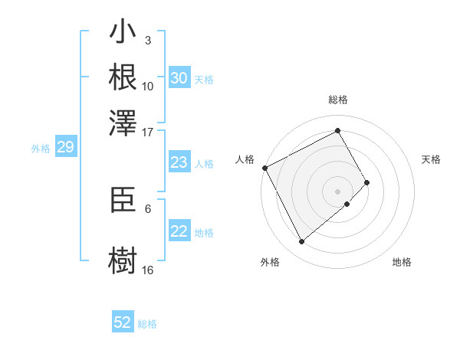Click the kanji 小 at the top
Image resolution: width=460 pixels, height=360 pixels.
click(123, 34)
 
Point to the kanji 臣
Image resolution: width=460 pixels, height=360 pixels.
click(123, 201)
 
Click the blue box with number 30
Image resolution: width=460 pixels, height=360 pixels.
click(179, 78)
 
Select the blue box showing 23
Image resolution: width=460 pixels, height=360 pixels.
click(179, 162)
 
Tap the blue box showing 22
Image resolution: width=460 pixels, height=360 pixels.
click(179, 231)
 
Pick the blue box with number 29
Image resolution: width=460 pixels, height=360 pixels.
click(65, 148)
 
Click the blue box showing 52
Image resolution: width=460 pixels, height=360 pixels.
click(123, 322)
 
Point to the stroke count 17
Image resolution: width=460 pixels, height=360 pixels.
click(148, 131)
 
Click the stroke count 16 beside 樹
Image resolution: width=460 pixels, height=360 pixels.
click(148, 270)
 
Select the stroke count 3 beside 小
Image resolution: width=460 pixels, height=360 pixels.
click(147, 40)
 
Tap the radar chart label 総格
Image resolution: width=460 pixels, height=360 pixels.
click(338, 100)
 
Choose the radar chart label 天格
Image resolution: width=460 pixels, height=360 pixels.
click(432, 159)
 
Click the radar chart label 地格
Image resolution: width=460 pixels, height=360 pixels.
click(402, 262)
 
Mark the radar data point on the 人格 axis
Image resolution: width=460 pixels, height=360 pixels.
click(264, 168)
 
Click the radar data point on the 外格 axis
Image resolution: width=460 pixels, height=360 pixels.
click(301, 242)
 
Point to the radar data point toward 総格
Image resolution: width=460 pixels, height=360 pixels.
click(338, 130)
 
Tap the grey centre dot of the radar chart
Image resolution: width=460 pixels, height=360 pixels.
click(338, 191)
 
